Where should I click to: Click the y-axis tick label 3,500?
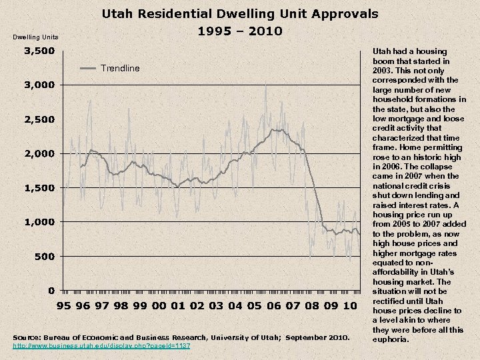(39, 51)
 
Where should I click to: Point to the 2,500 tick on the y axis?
(39, 119)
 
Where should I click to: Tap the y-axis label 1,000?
(39, 222)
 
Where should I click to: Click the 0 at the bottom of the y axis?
(51, 290)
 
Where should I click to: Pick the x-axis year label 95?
(65, 306)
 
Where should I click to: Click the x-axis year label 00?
(159, 306)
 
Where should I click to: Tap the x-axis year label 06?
(273, 306)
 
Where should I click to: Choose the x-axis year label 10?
(349, 306)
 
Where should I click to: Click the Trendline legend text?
(120, 68)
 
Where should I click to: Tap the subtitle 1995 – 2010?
(240, 31)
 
